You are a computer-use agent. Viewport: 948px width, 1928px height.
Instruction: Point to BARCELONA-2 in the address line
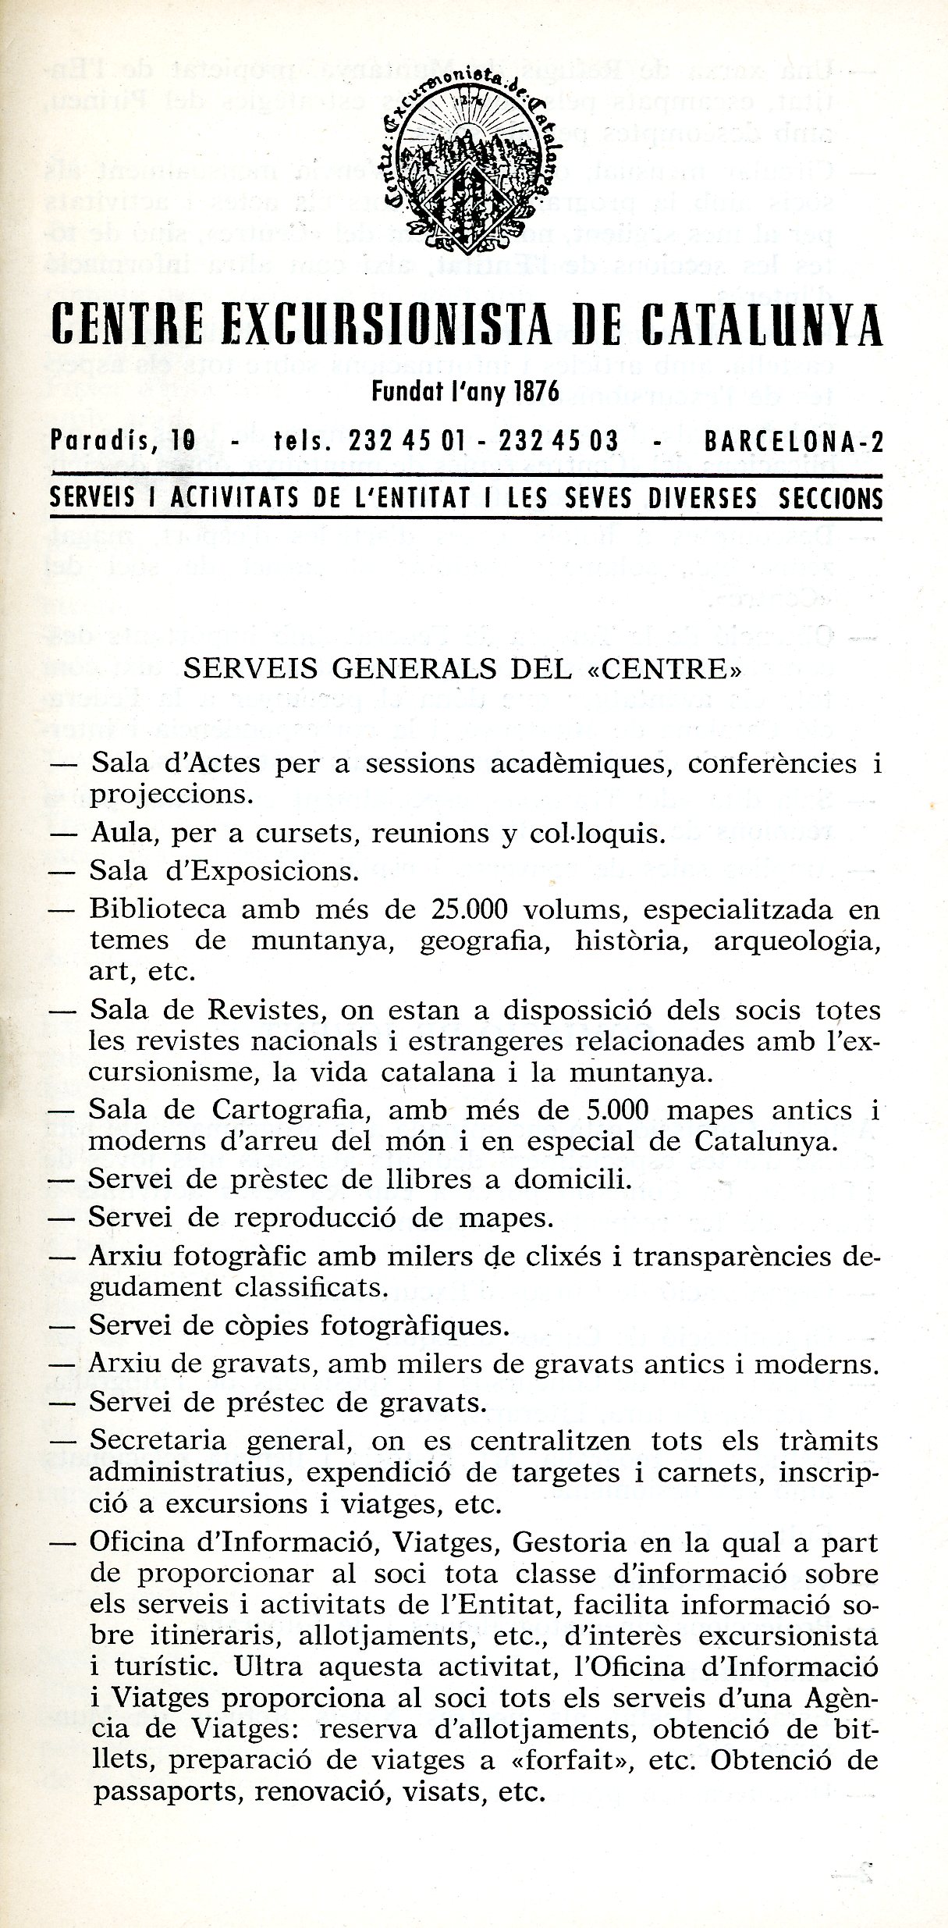tap(794, 442)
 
